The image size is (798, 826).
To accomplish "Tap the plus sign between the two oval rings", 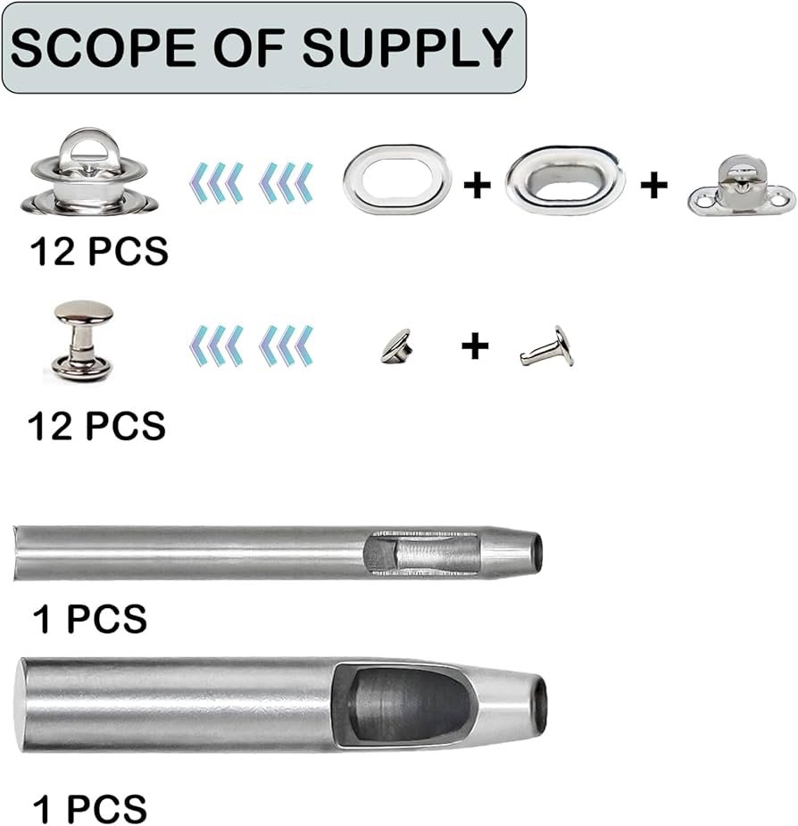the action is (478, 186).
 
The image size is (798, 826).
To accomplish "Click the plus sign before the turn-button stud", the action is (654, 186).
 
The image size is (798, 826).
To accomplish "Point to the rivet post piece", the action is (547, 348).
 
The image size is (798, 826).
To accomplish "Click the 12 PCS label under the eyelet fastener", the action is (99, 253).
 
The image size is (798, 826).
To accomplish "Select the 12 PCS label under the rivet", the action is (97, 425).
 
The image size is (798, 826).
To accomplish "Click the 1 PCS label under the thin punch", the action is (89, 618).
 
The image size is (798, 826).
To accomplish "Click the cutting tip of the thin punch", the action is (532, 546).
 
